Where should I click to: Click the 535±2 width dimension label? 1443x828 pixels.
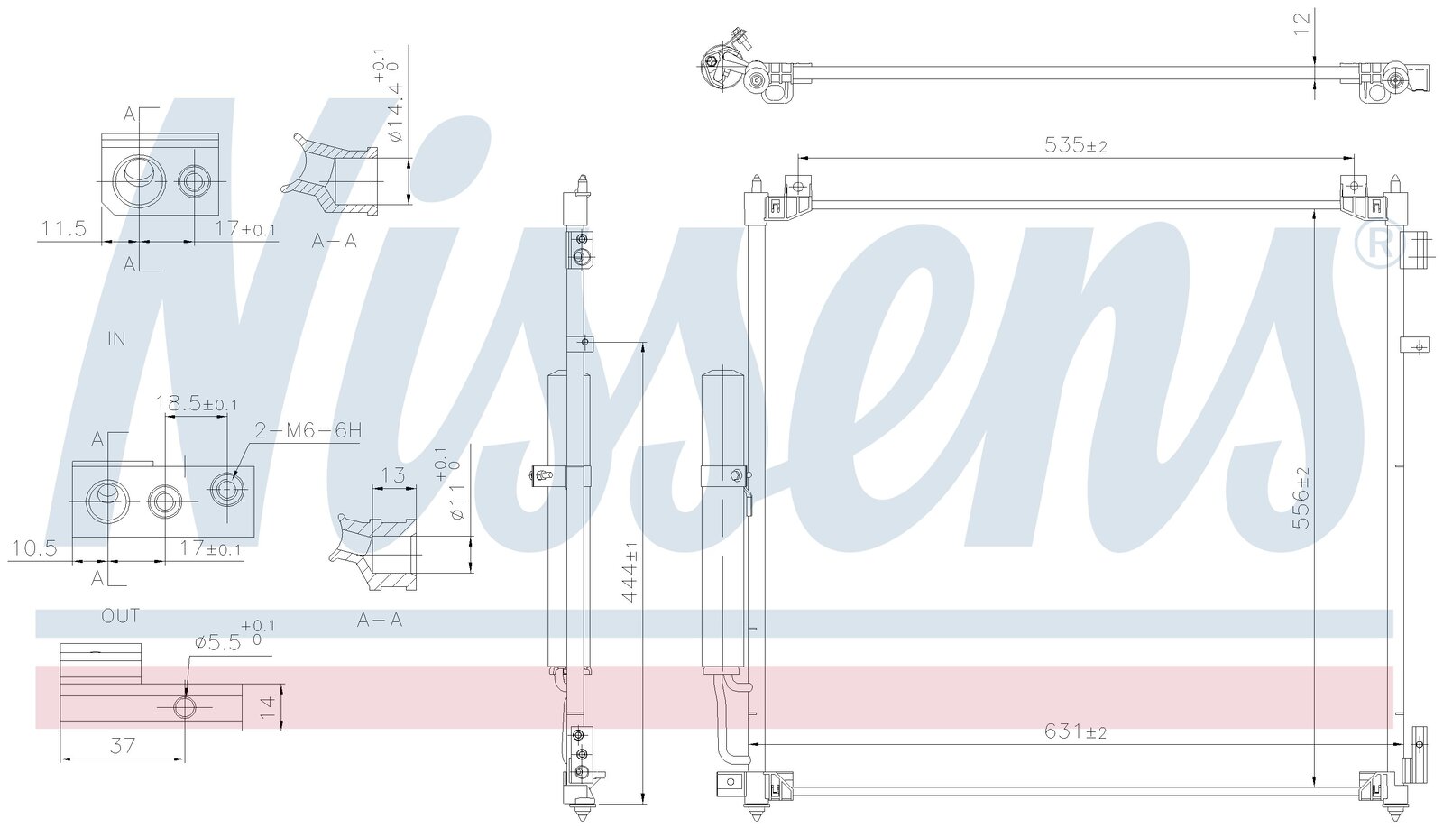pyautogui.click(x=1075, y=145)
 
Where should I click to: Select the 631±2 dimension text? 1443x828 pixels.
pyautogui.click(x=1075, y=732)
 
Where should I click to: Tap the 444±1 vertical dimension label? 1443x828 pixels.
pyautogui.click(x=630, y=571)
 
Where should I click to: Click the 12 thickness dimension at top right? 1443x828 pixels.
pyautogui.click(x=1302, y=23)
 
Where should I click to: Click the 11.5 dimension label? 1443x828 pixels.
pyautogui.click(x=64, y=228)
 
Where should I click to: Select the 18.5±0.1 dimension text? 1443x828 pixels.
pyautogui.click(x=197, y=403)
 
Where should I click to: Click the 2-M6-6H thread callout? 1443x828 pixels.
pyautogui.click(x=308, y=430)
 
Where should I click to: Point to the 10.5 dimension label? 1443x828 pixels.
pyautogui.click(x=35, y=547)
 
